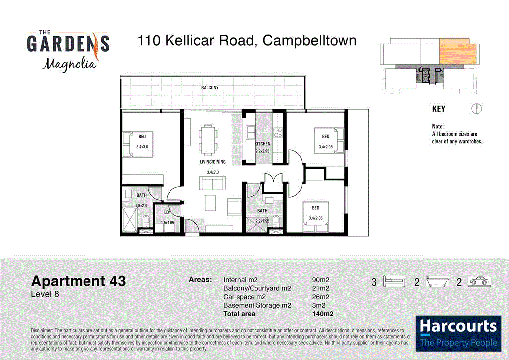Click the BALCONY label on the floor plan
click(209, 88)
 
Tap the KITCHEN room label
click(262, 144)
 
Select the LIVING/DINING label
click(213, 162)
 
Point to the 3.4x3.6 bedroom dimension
click(143, 147)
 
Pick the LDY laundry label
click(168, 213)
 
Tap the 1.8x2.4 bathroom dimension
click(141, 205)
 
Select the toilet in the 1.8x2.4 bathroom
click(146, 220)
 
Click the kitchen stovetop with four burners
click(277, 133)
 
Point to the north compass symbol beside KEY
click(476, 109)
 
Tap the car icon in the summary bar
click(479, 282)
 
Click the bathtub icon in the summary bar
click(438, 282)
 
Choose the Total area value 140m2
click(321, 314)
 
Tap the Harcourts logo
click(457, 333)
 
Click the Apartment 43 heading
click(79, 281)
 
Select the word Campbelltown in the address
click(309, 40)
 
